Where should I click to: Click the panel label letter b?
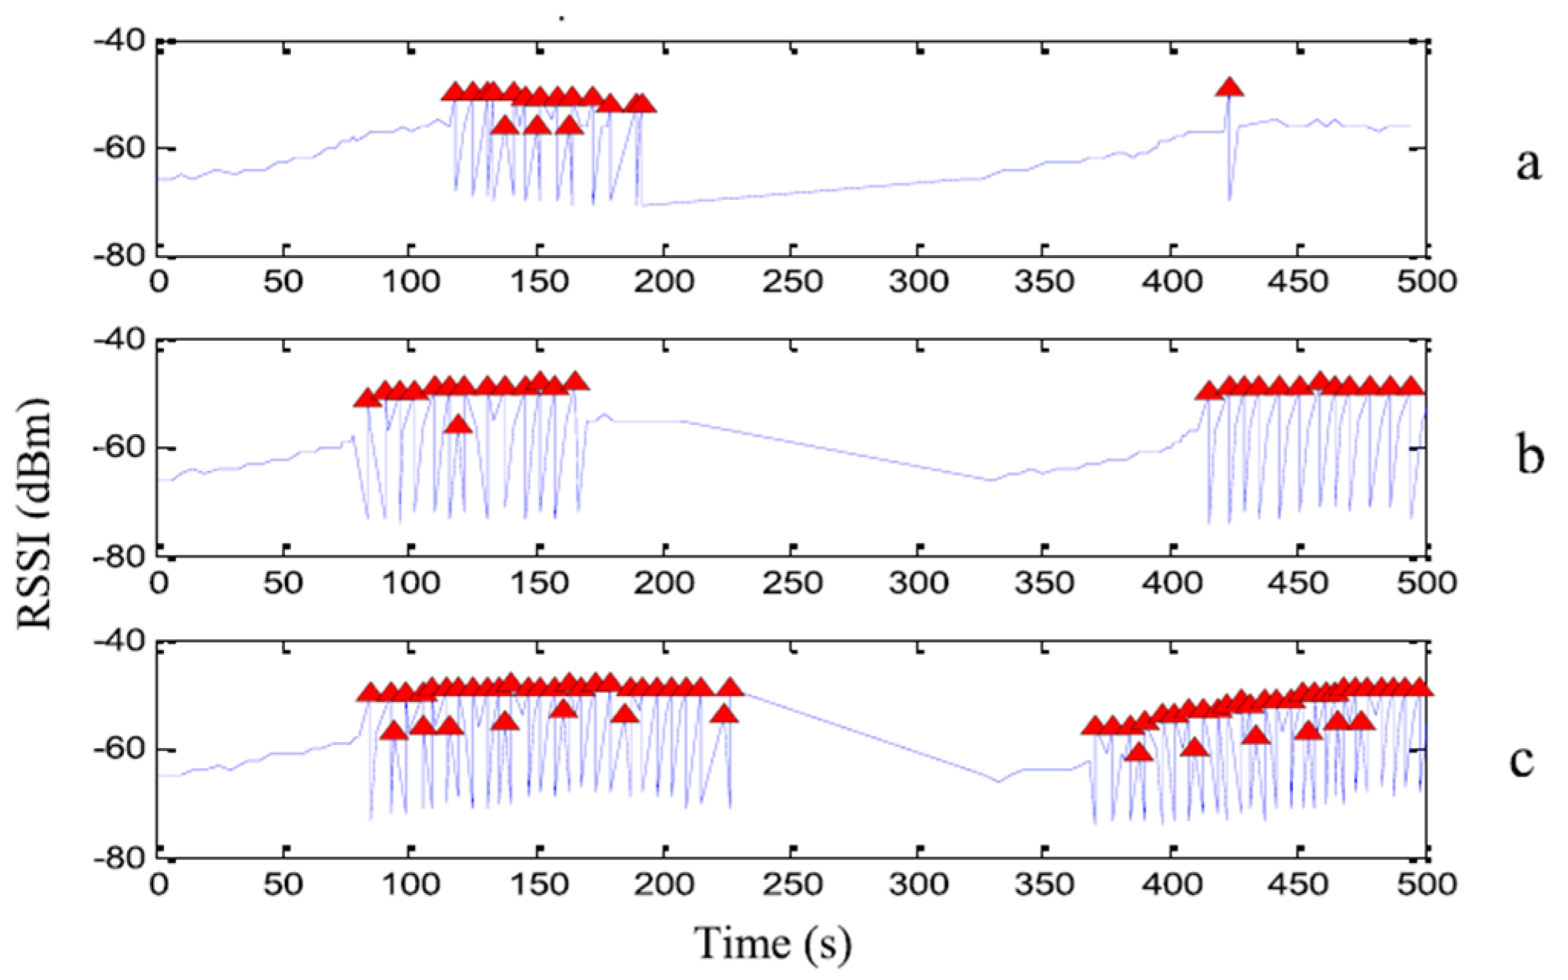pos(1530,457)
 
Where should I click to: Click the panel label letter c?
pos(1522,760)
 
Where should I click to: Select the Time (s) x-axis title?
pos(773,943)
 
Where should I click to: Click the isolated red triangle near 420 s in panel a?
pos(1230,87)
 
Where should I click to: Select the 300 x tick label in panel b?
pos(918,583)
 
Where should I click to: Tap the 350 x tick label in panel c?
pos(1044,885)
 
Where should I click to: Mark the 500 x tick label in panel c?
pos(1426,885)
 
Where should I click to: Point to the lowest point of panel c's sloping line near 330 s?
pos(998,781)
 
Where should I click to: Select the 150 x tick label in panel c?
pos(538,885)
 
